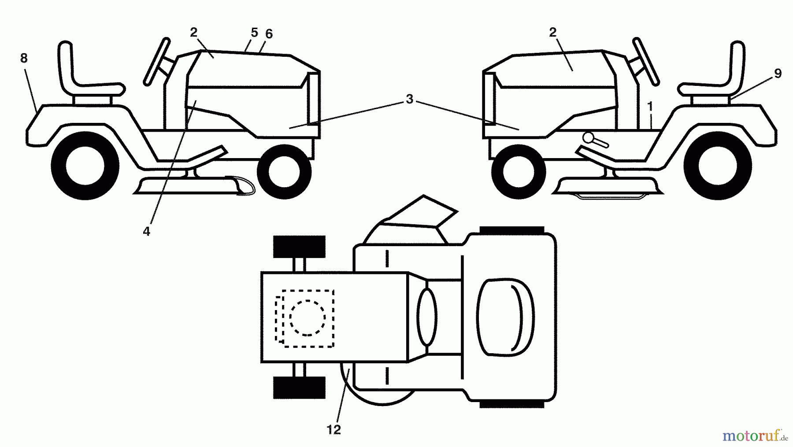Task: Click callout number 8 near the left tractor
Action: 24,58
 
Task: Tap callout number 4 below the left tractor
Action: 146,231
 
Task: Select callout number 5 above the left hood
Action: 254,33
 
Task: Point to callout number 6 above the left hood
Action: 269,34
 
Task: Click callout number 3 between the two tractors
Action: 410,100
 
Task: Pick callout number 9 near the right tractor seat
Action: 778,74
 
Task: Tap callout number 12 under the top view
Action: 334,429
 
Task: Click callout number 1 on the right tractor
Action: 650,106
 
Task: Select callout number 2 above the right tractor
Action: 553,32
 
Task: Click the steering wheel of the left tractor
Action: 157,61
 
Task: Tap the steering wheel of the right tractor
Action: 646,61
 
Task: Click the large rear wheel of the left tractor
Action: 85,166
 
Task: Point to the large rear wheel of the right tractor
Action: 718,166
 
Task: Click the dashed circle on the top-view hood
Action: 308,317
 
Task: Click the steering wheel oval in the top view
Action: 426,317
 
